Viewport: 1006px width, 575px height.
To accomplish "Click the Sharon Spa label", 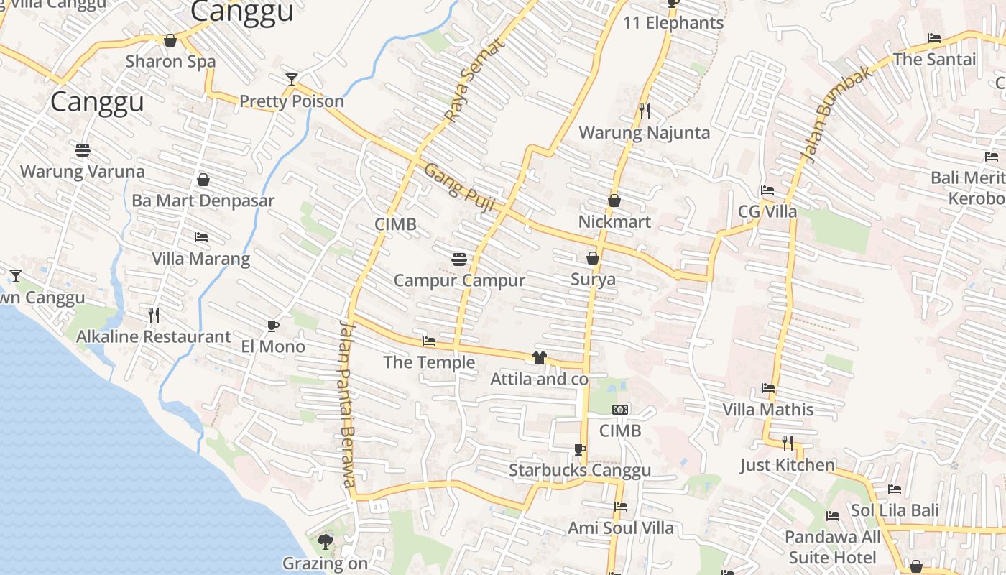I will coord(170,61).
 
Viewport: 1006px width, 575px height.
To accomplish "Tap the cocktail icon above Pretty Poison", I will coord(291,80).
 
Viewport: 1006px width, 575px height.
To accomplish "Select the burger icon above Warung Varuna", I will coord(83,150).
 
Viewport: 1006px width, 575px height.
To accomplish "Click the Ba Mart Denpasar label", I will coord(203,201).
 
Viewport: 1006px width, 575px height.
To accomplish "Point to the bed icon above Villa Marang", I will coord(201,237).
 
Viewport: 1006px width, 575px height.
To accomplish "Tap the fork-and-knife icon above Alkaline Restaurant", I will coord(153,315).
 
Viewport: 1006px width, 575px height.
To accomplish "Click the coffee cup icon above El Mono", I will coord(273,326).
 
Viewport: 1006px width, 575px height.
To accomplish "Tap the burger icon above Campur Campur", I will coord(459,259).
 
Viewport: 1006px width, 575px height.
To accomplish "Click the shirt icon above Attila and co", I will coord(540,357).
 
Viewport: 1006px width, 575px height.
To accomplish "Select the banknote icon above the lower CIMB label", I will coord(619,410).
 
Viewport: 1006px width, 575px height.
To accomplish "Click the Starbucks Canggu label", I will coord(580,471).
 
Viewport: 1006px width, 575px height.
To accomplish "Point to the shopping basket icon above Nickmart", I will coord(614,201).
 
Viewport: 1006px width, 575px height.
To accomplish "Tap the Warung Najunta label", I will coord(644,133).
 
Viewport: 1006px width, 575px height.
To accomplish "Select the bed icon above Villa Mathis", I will coord(768,388).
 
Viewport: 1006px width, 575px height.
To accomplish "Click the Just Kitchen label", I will coord(788,465).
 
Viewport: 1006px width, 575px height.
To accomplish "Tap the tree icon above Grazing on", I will coord(326,542).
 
